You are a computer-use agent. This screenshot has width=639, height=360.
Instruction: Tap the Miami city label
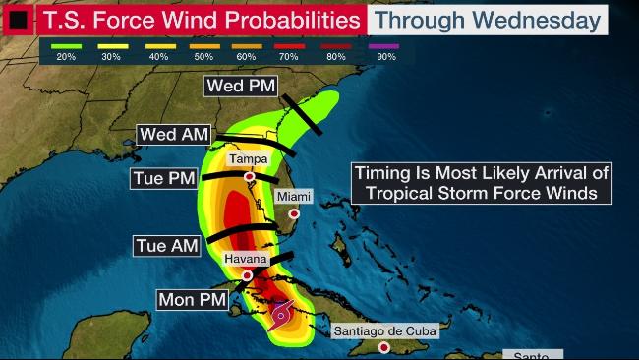click(x=294, y=197)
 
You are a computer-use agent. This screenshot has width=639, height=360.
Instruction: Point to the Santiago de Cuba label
click(x=384, y=330)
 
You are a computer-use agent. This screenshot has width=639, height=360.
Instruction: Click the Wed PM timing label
click(x=241, y=87)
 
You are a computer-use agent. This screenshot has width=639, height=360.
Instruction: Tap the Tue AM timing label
click(x=165, y=245)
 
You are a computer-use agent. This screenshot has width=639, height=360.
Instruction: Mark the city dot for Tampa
click(x=250, y=177)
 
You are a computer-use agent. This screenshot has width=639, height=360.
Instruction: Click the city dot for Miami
click(x=293, y=213)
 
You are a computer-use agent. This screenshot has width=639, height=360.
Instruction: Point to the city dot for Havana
click(x=233, y=275)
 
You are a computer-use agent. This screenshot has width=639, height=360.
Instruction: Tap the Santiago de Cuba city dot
click(x=383, y=347)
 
